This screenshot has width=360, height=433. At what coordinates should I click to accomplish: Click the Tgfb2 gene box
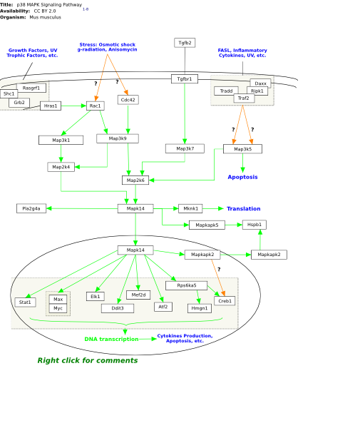[x=185, y=43]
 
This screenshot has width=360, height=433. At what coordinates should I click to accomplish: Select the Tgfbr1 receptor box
[x=185, y=79]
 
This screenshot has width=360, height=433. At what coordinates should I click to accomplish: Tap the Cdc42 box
[x=128, y=100]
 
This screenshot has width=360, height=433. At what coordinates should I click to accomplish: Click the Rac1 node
[x=96, y=106]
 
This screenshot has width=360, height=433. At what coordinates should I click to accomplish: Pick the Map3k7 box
[x=185, y=148]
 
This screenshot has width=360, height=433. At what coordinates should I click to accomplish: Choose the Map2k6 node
[x=135, y=180]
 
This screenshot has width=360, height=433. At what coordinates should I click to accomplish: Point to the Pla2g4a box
[x=31, y=208]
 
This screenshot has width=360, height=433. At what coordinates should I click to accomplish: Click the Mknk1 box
[x=190, y=208]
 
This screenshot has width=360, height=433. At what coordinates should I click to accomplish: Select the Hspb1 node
[x=254, y=225]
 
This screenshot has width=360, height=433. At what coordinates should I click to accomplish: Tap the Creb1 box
[x=225, y=301]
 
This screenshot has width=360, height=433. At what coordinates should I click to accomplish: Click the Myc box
[x=58, y=308]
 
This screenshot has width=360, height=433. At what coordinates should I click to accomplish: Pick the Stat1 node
[x=25, y=302]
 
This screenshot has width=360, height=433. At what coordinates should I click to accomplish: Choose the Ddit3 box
[x=118, y=308]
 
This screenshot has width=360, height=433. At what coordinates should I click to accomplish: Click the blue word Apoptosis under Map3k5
[x=243, y=177]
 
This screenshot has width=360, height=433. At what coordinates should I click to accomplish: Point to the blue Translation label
[x=244, y=208]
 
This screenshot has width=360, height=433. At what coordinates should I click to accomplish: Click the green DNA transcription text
[x=111, y=339]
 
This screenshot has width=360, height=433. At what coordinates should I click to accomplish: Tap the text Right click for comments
[x=88, y=360]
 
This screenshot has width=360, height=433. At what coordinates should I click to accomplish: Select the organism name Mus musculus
[x=45, y=17]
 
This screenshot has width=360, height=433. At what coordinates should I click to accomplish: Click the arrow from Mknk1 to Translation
[x=213, y=208]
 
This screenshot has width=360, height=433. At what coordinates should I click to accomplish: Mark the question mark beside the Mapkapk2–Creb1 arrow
[x=219, y=269]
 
